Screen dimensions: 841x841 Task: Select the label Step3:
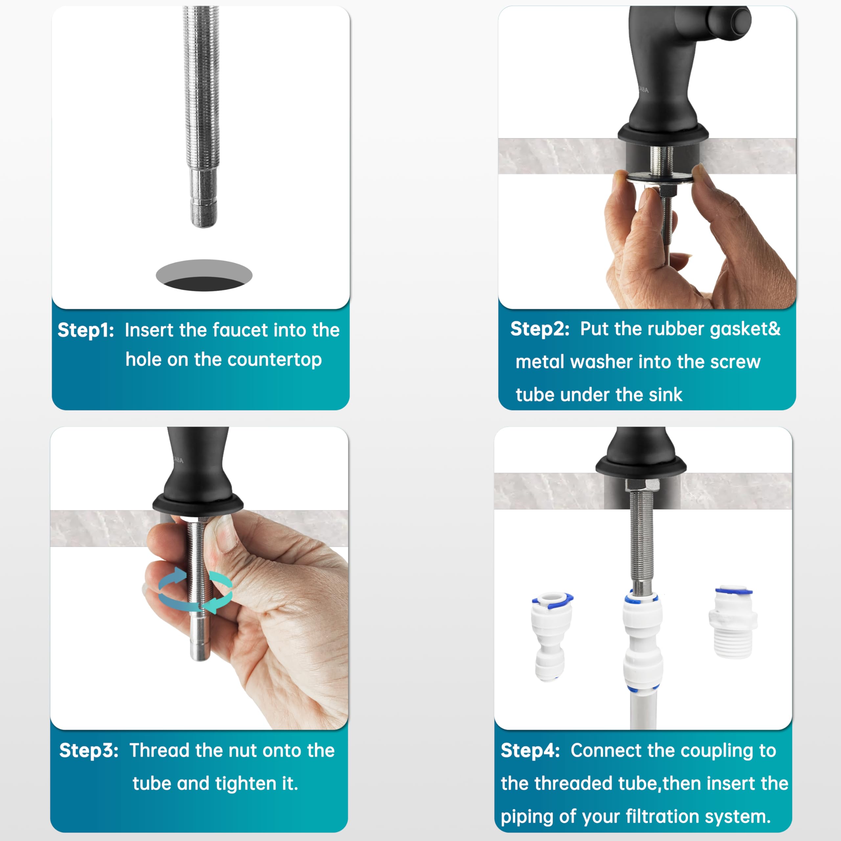tap(89, 750)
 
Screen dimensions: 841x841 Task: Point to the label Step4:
tap(530, 750)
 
